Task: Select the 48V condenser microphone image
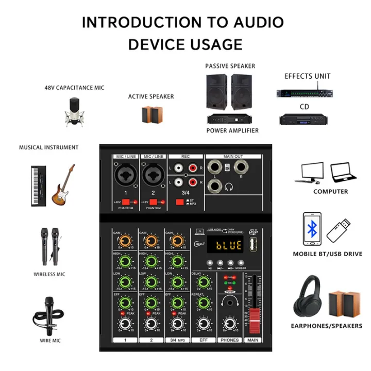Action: point(74,111)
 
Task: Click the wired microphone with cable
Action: point(50,314)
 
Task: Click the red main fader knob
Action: point(252,316)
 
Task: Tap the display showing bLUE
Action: point(225,246)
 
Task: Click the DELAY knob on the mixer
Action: point(203,281)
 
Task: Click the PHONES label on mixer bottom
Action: point(230,340)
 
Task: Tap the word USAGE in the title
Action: point(215,44)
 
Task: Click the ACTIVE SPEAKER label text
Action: point(151,96)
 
